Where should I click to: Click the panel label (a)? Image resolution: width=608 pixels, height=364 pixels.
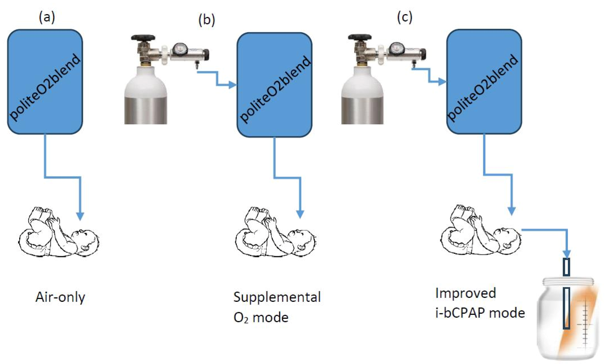(x=46, y=17)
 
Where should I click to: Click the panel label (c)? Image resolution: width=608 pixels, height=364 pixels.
(x=404, y=17)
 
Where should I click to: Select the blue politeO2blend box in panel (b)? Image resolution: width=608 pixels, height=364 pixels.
(x=275, y=84)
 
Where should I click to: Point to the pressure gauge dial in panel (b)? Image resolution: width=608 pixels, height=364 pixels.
(x=180, y=49)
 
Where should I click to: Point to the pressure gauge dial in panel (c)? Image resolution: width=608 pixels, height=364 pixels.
(x=397, y=49)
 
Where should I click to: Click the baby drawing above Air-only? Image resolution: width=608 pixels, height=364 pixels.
(x=61, y=233)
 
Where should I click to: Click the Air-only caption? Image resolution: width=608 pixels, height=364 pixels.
(x=59, y=297)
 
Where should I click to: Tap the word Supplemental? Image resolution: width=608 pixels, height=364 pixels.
(x=277, y=297)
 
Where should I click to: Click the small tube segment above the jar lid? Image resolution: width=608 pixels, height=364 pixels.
(x=566, y=267)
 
